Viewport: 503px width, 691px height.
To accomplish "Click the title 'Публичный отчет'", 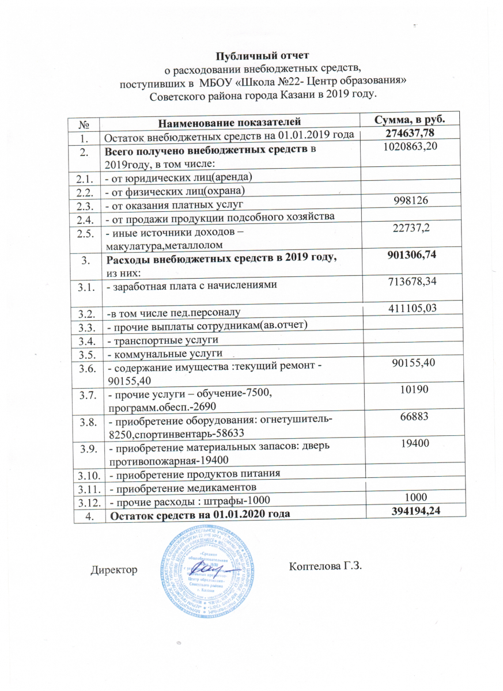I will (262, 56).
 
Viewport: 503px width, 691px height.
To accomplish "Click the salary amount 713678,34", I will (409, 282).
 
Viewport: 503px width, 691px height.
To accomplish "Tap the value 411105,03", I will (409, 311).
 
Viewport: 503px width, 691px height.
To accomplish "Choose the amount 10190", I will (409, 392).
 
